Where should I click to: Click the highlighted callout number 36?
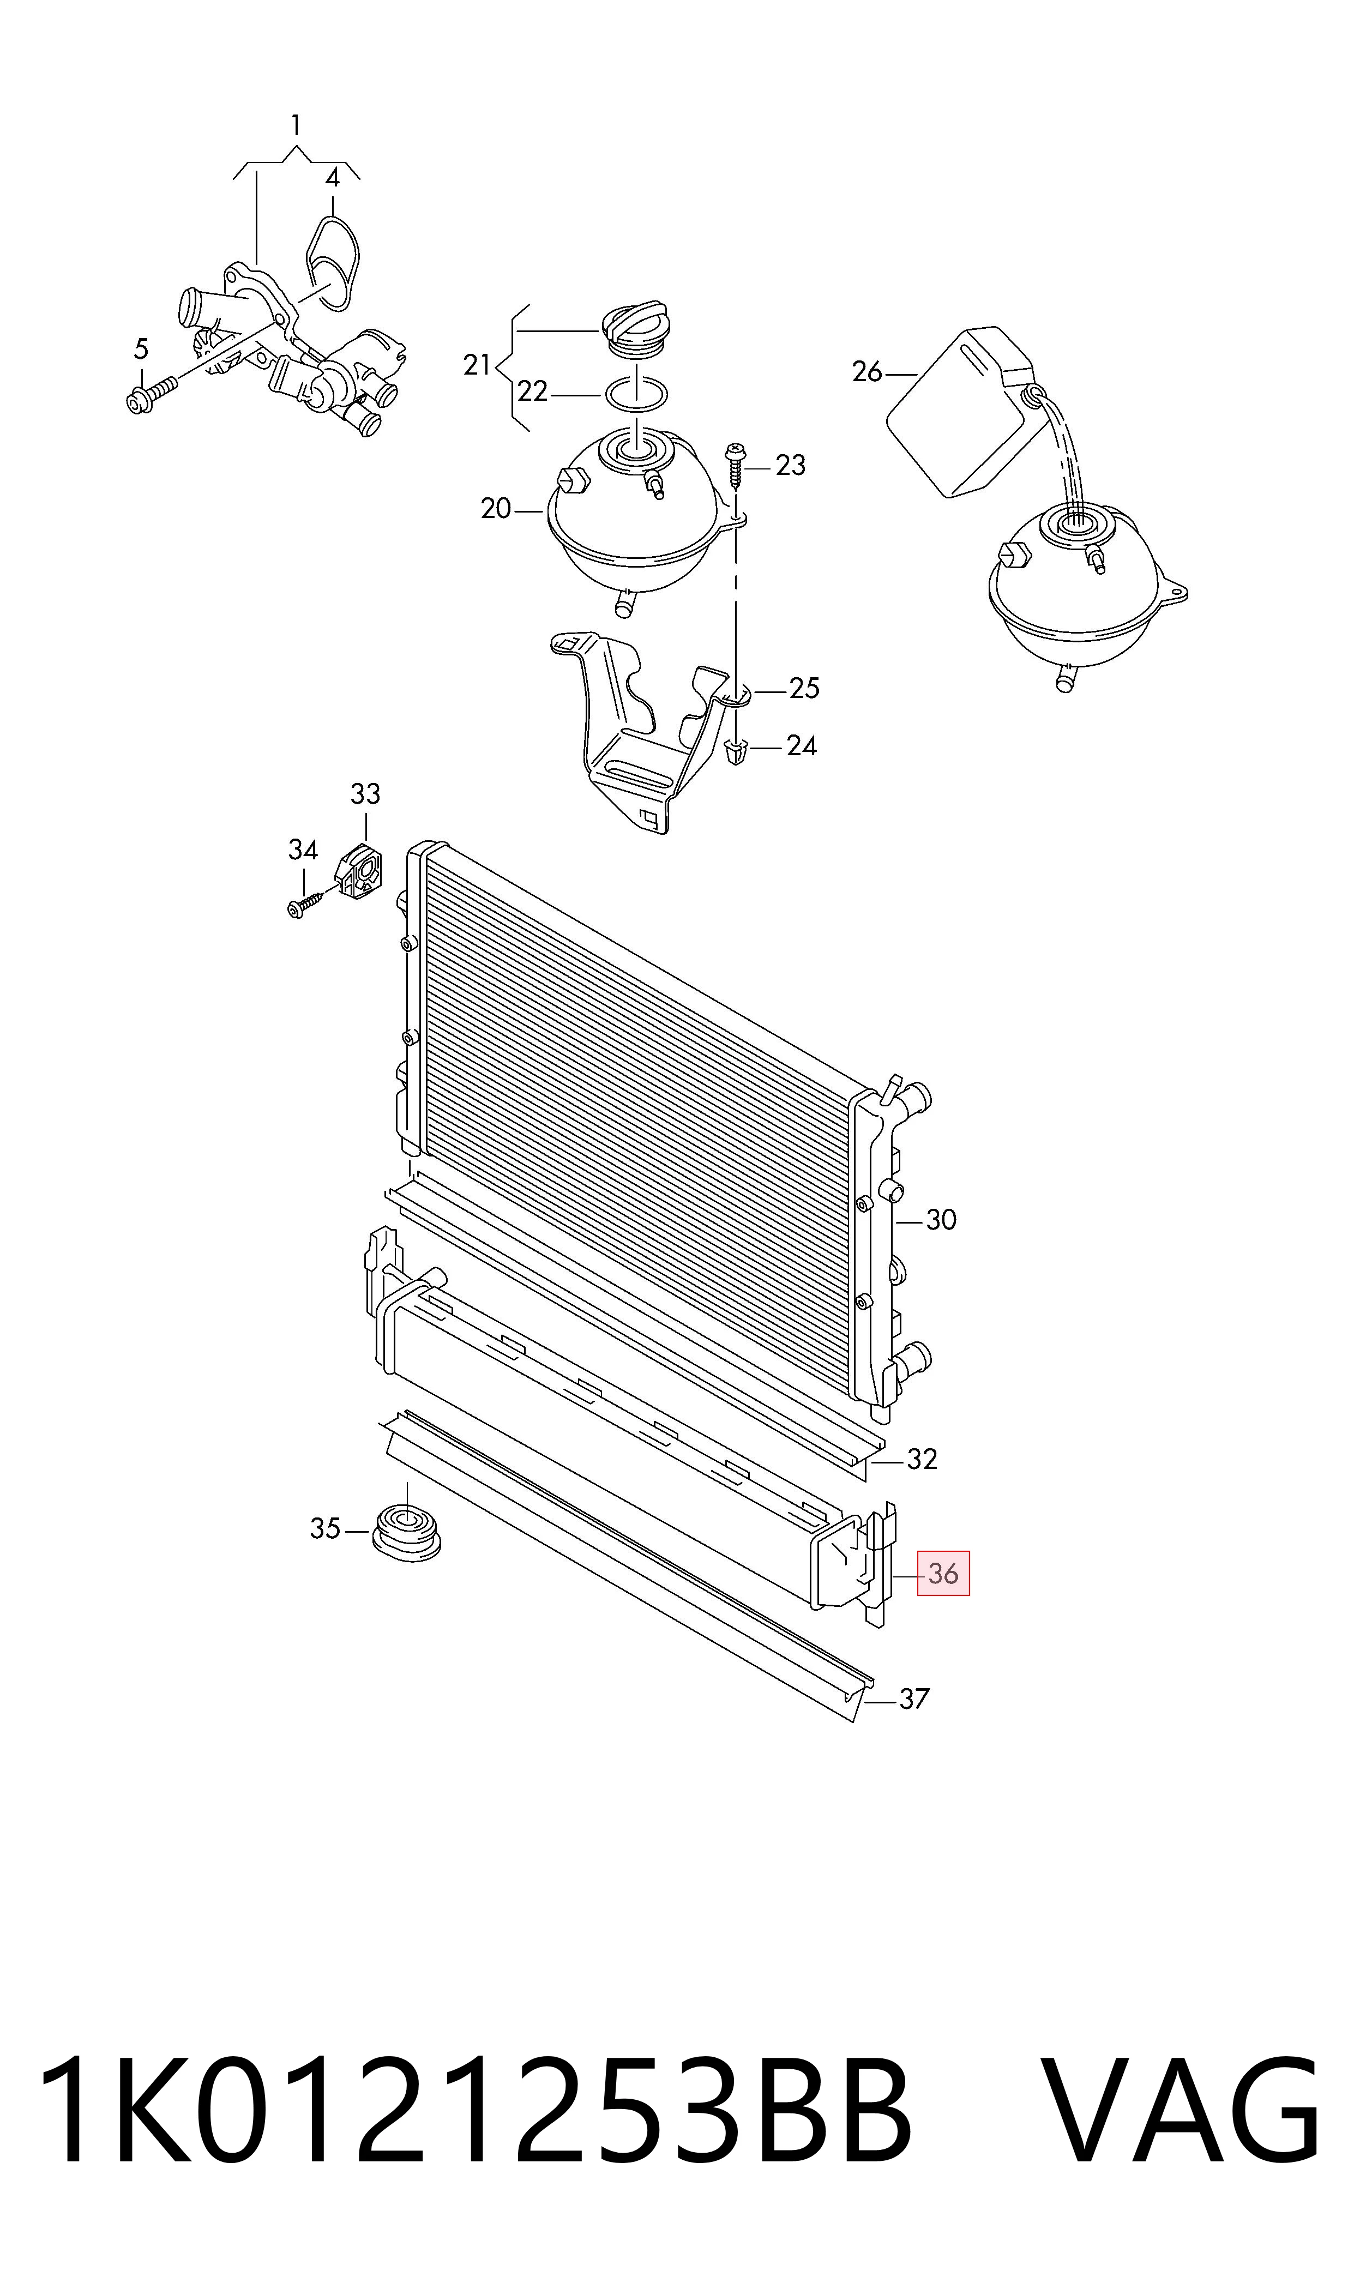(943, 1574)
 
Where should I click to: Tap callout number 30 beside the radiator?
(941, 1220)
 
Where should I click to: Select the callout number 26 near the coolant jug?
(868, 372)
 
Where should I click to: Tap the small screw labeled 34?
(306, 904)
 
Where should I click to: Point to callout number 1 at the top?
(296, 125)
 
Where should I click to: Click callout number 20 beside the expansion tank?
(496, 508)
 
